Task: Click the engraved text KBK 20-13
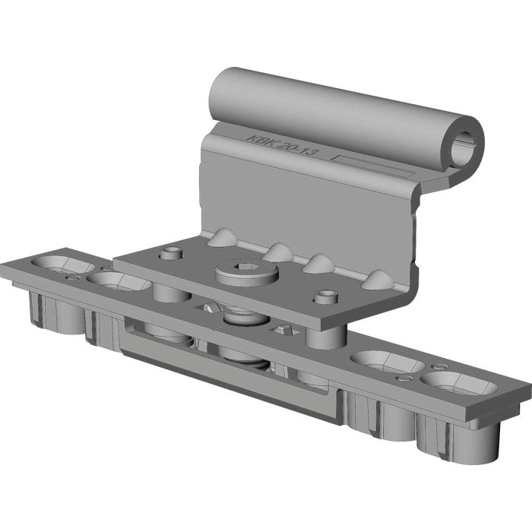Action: pyautogui.click(x=282, y=146)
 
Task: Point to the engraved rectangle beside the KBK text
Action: pyautogui.click(x=372, y=166)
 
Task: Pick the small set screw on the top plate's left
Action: pyautogui.click(x=171, y=253)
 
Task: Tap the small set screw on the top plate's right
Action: pyautogui.click(x=326, y=296)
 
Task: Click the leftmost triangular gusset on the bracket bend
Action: pyautogui.click(x=222, y=237)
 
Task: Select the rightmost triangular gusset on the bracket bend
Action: pyautogui.click(x=377, y=280)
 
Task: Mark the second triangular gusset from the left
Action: pyautogui.click(x=279, y=252)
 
